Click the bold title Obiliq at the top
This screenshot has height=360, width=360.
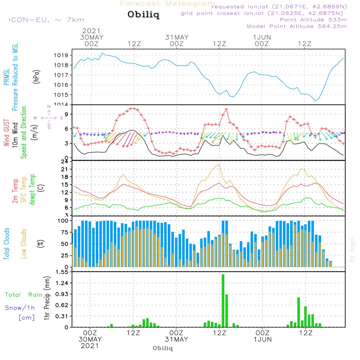click(x=143, y=15)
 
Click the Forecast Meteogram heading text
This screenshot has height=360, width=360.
click(x=168, y=4)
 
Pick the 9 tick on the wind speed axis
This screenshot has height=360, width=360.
click(x=66, y=114)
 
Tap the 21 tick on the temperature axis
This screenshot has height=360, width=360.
click(x=65, y=169)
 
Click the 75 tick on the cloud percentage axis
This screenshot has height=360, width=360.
click(x=64, y=232)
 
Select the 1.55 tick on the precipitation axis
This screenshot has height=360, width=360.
click(x=62, y=272)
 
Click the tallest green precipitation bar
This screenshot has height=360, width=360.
click(x=223, y=301)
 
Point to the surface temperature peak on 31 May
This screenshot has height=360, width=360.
click(x=219, y=164)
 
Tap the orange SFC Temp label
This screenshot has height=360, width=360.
click(x=24, y=189)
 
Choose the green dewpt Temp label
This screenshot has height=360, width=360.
click(x=32, y=189)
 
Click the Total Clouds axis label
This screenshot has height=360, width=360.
click(x=6, y=244)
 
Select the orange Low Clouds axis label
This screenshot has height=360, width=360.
click(x=24, y=244)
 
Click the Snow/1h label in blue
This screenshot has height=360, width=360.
click(x=20, y=308)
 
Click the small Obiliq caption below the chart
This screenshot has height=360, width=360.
click(x=163, y=348)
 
